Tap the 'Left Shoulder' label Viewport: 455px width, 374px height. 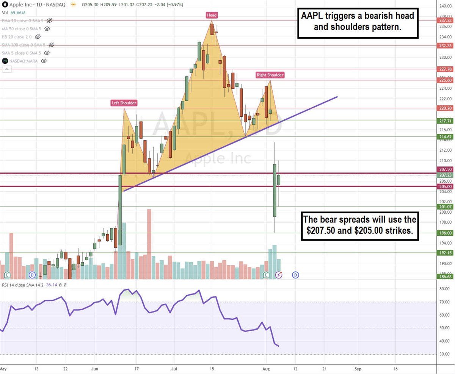click(124, 103)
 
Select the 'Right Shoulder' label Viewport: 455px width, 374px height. click(270, 75)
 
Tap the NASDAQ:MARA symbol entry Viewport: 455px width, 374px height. click(23, 61)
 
